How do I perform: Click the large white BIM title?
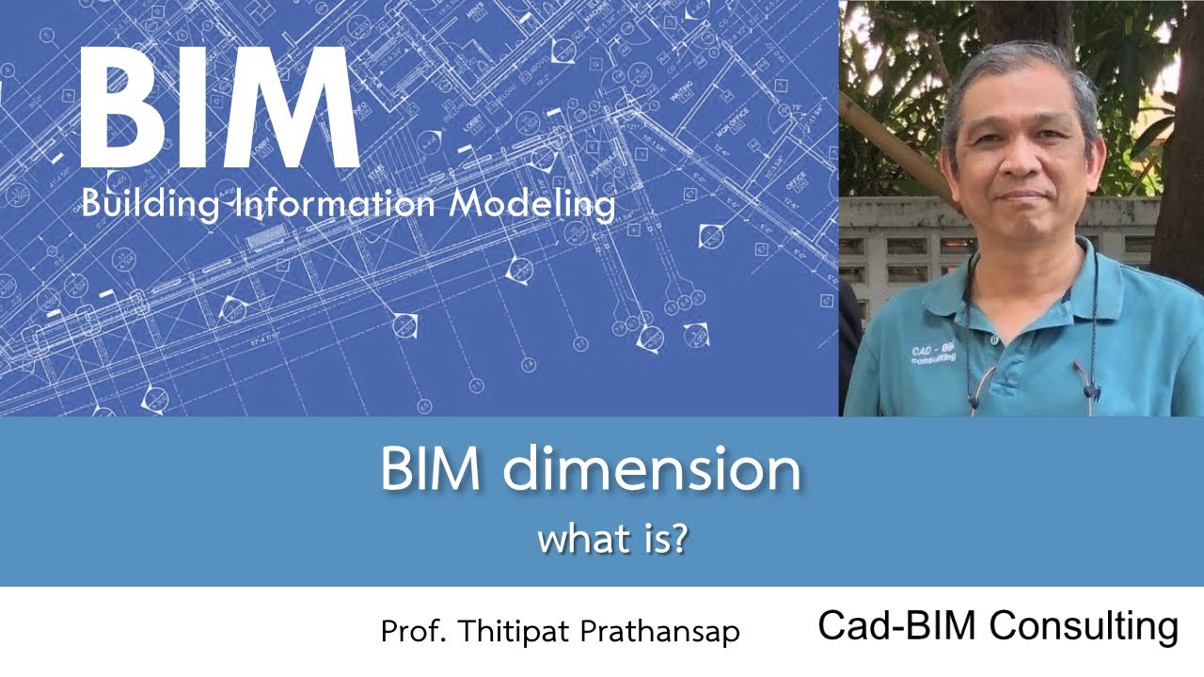(x=218, y=107)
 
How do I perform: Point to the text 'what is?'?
(x=613, y=541)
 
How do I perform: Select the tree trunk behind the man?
(x=1176, y=141)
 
